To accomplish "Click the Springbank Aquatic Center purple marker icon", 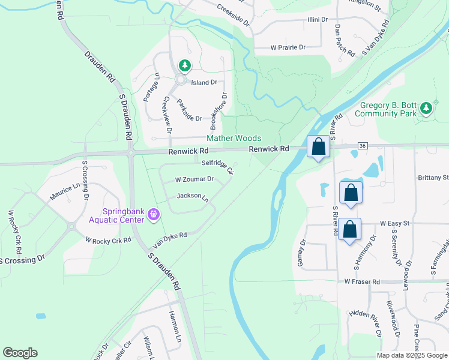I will tap(154, 214).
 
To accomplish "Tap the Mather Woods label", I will tap(234, 138).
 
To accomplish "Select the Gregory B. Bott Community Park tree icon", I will tap(426, 108).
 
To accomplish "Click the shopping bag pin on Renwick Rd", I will tap(318, 146).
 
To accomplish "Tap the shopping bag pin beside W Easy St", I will tap(349, 229).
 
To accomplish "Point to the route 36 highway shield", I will tap(362, 145).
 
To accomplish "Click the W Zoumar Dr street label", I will tap(194, 179).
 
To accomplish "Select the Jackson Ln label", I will tap(192, 197).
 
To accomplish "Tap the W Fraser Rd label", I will tap(363, 281).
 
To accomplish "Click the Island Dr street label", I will tap(203, 82).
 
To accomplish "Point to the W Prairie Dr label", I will tap(288, 47).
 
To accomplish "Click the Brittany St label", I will tap(433, 178).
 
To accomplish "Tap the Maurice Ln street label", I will tap(65, 191).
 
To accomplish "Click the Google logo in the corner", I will tap(20, 353).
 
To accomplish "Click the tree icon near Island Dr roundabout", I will tap(184, 65).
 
